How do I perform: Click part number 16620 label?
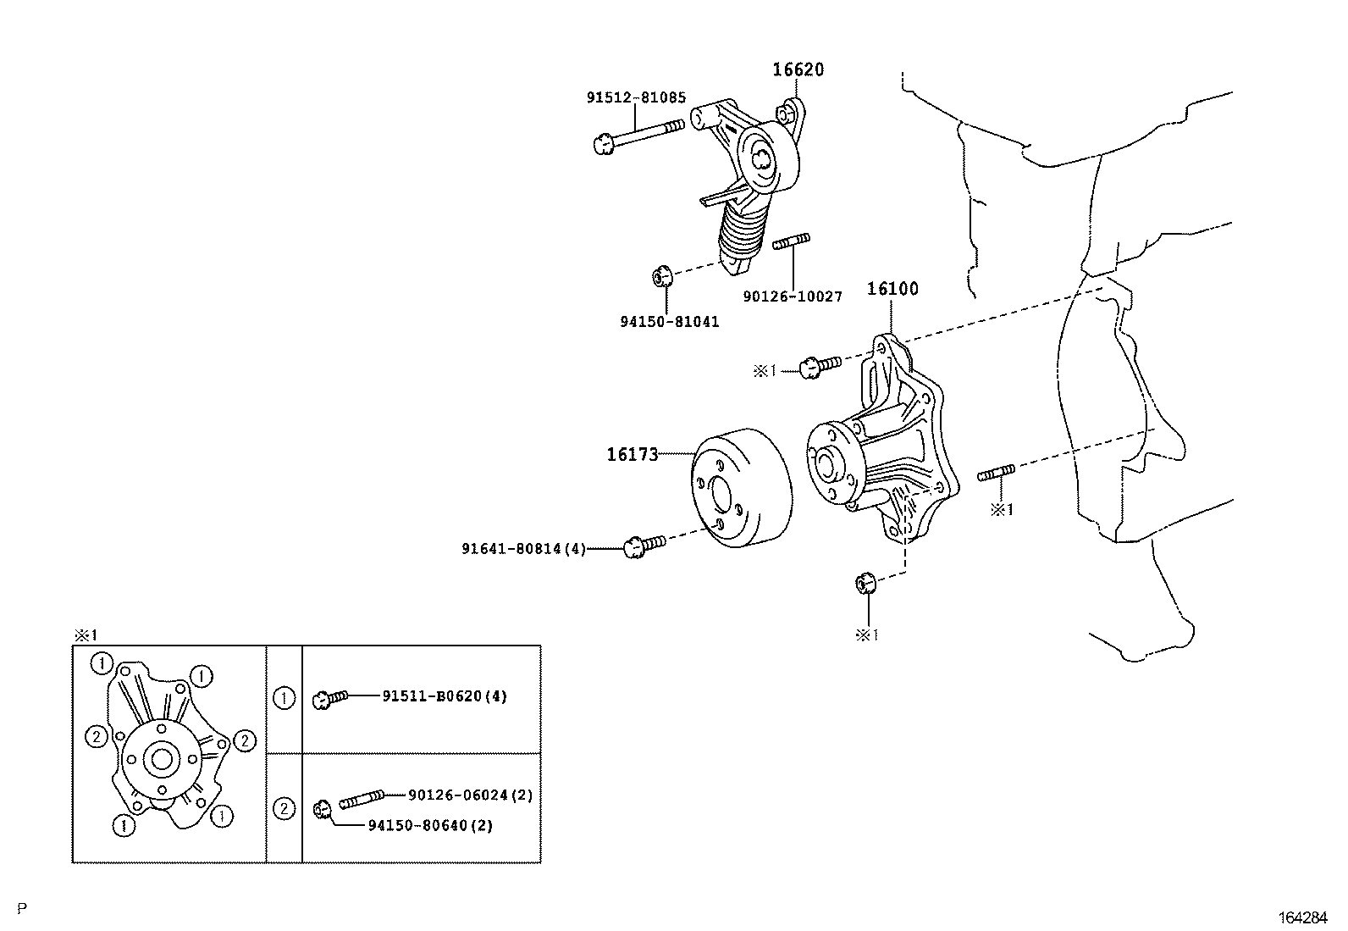click(797, 69)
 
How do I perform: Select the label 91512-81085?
click(636, 97)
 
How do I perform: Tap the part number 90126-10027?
click(793, 296)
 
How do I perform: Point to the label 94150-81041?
click(669, 322)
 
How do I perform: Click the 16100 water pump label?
click(892, 289)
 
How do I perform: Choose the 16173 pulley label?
click(632, 455)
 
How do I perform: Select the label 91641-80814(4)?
click(523, 549)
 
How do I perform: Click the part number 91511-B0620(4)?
click(444, 696)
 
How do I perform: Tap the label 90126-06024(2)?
click(470, 795)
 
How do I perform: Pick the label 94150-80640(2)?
click(430, 825)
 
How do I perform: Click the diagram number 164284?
click(1304, 917)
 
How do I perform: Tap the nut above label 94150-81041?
click(662, 276)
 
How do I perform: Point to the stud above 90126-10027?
click(793, 242)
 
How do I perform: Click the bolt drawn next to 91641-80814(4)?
click(644, 545)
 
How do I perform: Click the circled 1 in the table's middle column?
click(285, 699)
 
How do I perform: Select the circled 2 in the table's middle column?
click(285, 808)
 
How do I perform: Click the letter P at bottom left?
click(22, 909)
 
